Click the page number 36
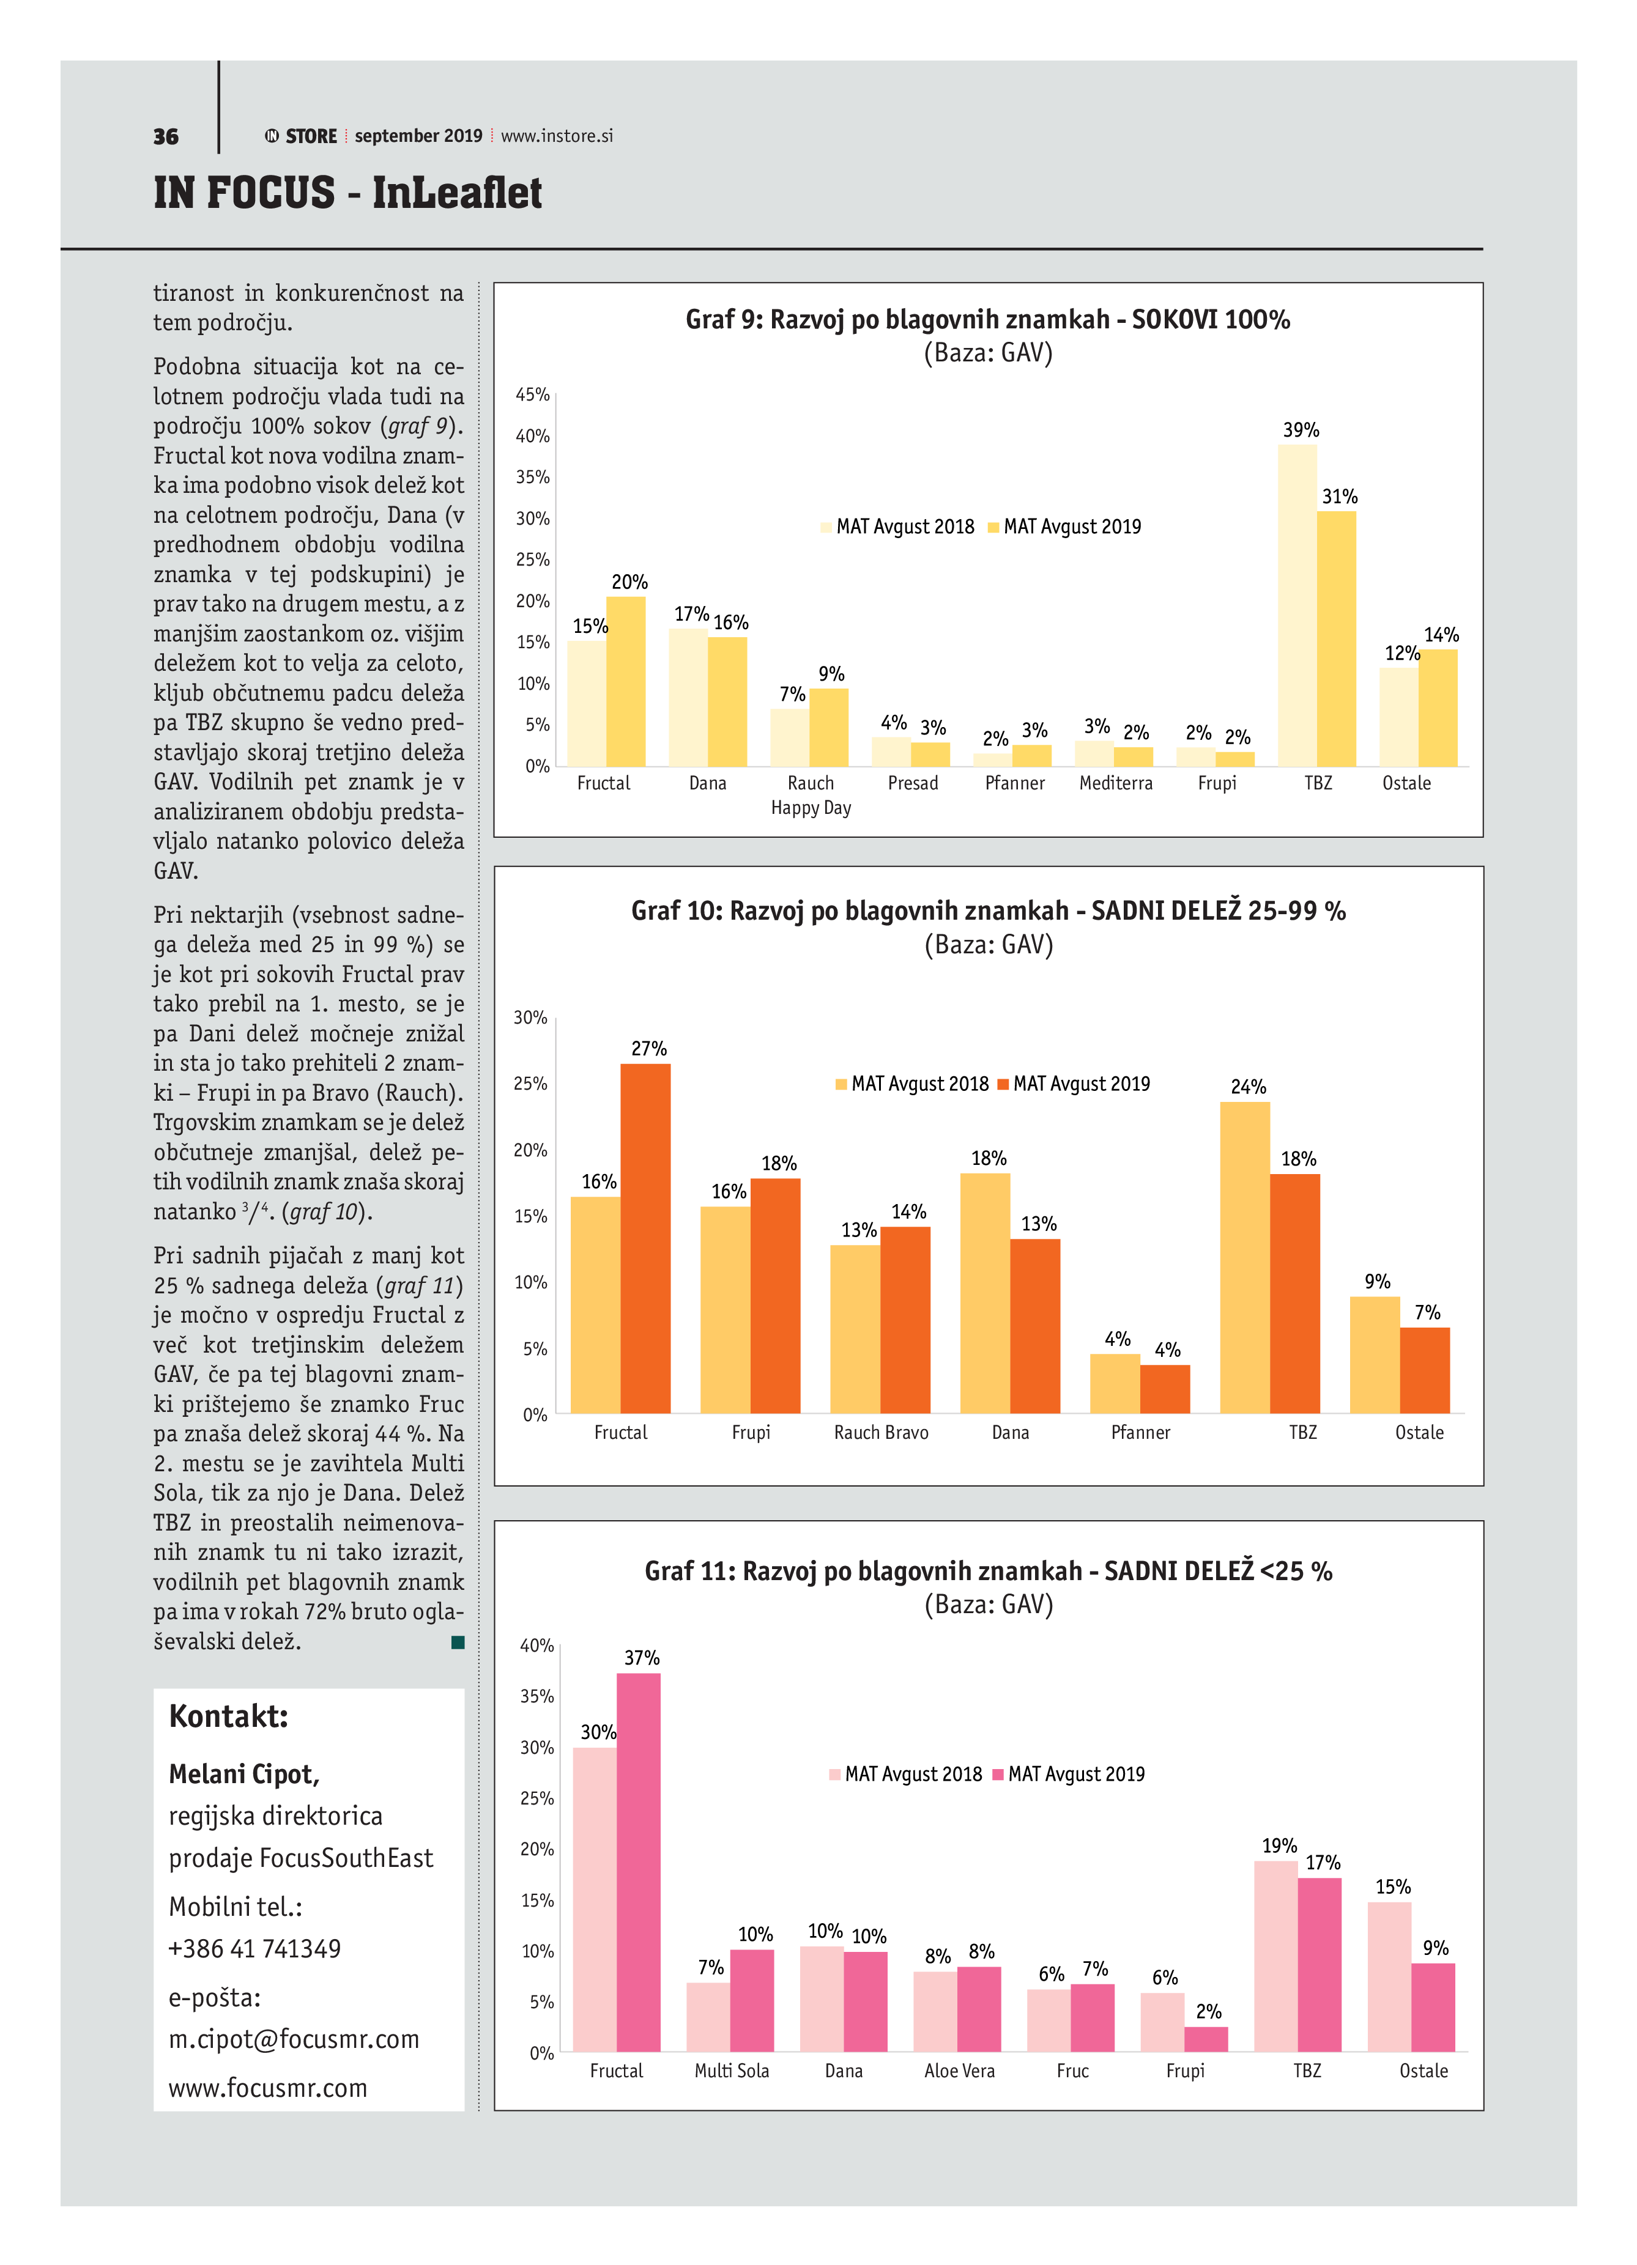166,137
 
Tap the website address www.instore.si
556,136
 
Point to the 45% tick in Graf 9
532,394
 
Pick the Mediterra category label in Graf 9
1116,783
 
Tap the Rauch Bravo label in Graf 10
881,1432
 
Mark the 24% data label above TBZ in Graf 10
1247,1087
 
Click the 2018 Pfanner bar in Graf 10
1115,1383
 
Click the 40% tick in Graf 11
536,1645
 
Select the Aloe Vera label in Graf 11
959,2071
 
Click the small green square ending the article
458,1642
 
